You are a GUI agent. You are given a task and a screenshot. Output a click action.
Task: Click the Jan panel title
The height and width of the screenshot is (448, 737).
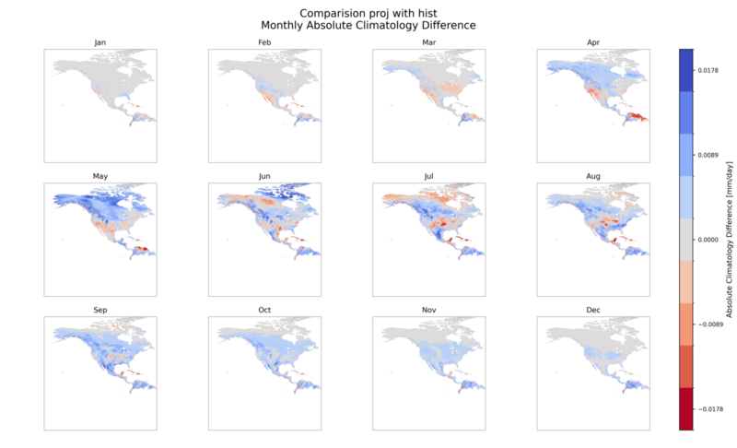click(x=100, y=42)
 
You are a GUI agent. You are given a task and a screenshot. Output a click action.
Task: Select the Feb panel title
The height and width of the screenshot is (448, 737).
click(x=264, y=42)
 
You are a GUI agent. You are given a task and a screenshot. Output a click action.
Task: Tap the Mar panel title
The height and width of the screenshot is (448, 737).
click(x=428, y=42)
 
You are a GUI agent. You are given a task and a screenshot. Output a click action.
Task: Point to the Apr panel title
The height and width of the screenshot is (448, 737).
click(x=593, y=42)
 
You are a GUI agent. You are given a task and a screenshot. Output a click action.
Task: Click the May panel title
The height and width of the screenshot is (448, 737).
click(x=100, y=176)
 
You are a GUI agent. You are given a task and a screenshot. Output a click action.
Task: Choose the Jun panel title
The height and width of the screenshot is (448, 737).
click(x=264, y=176)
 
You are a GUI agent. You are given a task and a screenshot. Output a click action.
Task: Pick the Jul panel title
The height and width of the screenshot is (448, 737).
click(x=428, y=176)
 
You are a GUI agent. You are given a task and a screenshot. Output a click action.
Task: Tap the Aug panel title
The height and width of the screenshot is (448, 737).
click(x=593, y=176)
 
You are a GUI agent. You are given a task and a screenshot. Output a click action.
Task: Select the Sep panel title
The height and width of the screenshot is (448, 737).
click(x=100, y=310)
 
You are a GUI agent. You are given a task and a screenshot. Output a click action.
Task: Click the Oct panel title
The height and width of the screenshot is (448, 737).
click(x=264, y=310)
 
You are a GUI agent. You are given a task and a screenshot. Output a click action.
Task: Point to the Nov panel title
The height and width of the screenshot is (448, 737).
click(x=428, y=310)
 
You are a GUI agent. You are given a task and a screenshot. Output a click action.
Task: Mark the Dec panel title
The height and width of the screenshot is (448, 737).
click(x=593, y=310)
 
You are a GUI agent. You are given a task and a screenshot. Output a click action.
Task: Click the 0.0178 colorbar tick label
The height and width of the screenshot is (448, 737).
click(x=708, y=70)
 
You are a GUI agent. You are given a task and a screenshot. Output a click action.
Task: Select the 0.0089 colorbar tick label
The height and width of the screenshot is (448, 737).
click(x=708, y=155)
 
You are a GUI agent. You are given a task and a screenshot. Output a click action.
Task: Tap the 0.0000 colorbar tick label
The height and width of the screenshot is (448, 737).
click(x=708, y=240)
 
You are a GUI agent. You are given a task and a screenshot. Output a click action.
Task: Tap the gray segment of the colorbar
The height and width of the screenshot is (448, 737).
click(x=685, y=240)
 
